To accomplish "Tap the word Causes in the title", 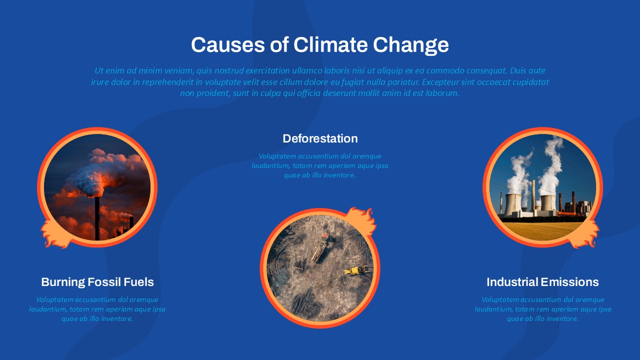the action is click(228, 45).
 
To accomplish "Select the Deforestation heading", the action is click(320, 138).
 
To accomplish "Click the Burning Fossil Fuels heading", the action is click(97, 282).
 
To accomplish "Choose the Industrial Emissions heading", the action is click(542, 282).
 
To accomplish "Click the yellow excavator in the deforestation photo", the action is click(355, 270).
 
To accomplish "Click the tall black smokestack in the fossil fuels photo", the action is click(97, 218).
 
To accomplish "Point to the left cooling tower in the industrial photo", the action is click(512, 205).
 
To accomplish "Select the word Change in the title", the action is click(411, 45).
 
